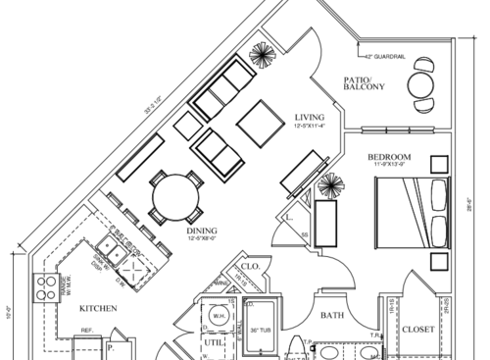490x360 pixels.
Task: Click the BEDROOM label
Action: (x=388, y=157)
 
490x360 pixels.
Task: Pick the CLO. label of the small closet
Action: (x=249, y=266)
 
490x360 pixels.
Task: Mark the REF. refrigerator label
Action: (x=86, y=332)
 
